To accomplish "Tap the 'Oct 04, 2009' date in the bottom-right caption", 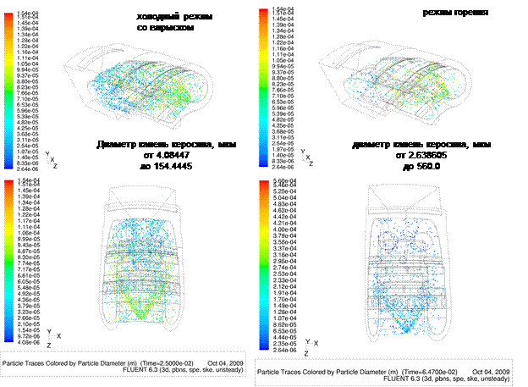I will tap(487, 372).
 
